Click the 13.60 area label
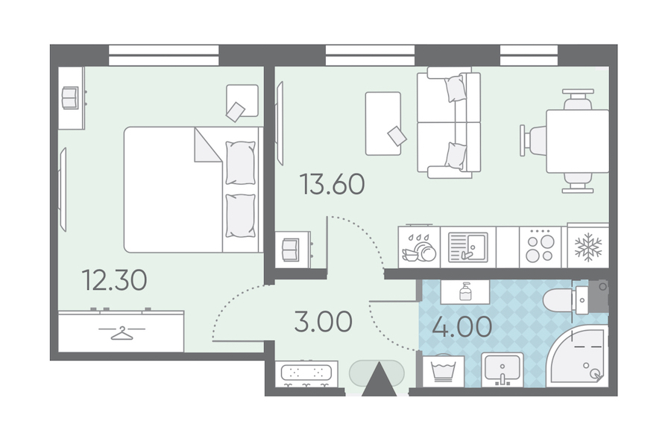click(332, 184)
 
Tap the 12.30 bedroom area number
click(114, 280)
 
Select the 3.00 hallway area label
click(324, 322)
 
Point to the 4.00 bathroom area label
click(461, 327)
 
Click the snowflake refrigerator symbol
click(588, 247)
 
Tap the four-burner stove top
click(540, 248)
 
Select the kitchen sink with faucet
click(467, 247)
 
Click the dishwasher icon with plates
click(419, 247)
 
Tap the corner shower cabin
click(577, 356)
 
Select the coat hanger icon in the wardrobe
click(122, 333)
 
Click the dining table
click(577, 141)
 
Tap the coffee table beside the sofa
click(383, 124)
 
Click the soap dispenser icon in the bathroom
click(465, 292)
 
